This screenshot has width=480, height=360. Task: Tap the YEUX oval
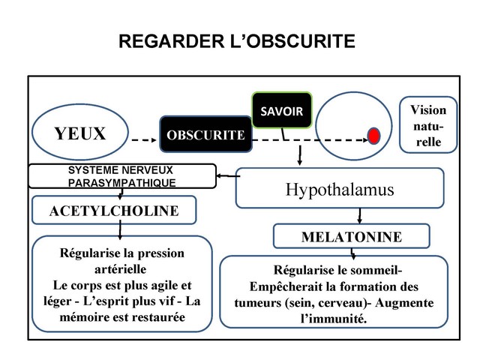79,134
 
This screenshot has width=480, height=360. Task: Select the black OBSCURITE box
205,136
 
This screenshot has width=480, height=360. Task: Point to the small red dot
373,136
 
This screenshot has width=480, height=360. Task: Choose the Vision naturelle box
427,126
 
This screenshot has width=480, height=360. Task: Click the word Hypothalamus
339,190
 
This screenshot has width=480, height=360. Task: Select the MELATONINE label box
351,237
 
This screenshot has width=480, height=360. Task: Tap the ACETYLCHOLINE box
114,211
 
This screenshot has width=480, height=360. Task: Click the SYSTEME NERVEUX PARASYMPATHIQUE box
121,176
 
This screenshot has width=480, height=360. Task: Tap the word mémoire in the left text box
84,318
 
